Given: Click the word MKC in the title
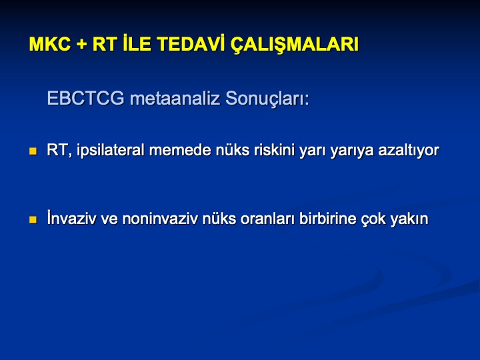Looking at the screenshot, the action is [x=50, y=44].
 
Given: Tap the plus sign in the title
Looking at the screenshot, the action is [x=82, y=45].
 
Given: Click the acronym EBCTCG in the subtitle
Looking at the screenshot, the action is [x=86, y=98].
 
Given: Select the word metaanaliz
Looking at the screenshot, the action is [x=175, y=98].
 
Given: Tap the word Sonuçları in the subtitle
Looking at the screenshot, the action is [x=267, y=99].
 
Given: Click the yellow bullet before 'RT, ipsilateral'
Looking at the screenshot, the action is [x=33, y=151].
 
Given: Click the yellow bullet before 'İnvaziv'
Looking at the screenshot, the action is [x=33, y=220].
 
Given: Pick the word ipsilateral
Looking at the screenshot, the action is [x=111, y=151].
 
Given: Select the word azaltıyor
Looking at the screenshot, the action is [x=409, y=151].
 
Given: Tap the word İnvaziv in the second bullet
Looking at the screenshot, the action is [x=71, y=217].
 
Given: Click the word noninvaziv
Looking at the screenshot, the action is [x=160, y=219].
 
